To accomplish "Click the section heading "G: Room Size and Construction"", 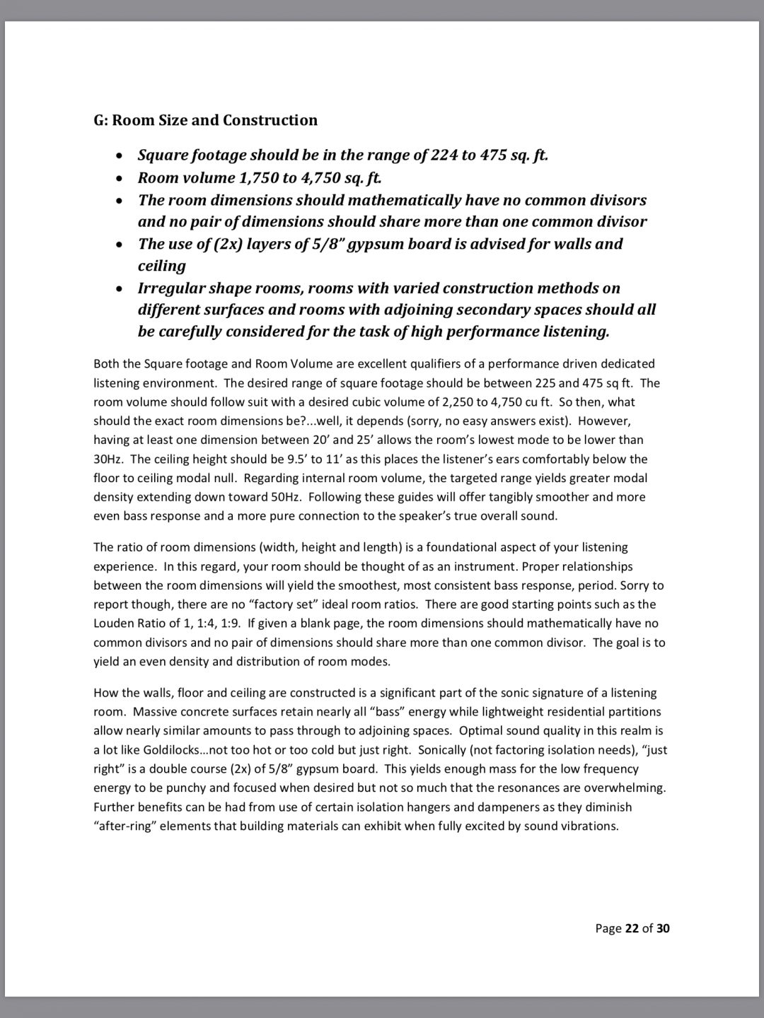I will [x=205, y=120].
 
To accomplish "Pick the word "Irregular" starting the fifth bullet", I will [x=170, y=288].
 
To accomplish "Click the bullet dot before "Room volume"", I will [x=121, y=178].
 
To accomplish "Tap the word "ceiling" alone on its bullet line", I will [x=162, y=266].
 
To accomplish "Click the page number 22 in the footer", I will [x=632, y=928].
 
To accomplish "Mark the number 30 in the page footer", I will [x=662, y=928].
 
